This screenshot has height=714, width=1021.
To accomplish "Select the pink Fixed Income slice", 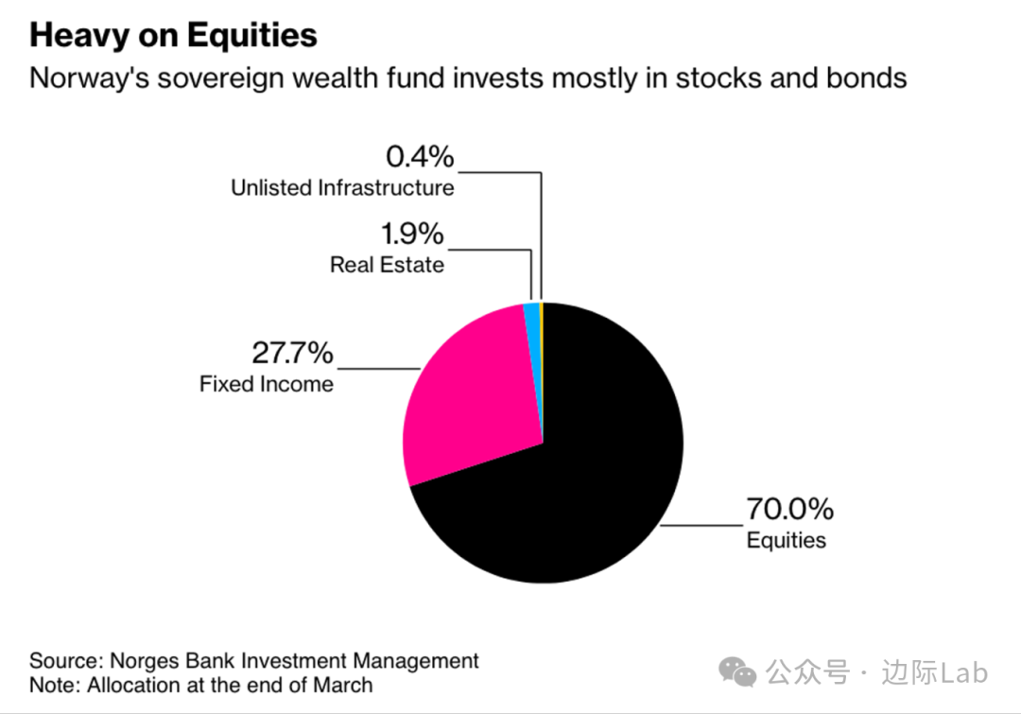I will pos(463,397).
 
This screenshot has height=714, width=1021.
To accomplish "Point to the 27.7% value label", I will pos(292,353).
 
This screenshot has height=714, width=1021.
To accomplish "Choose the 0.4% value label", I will pos(420,157).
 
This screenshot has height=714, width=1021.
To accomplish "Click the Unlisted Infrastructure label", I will pos(342,187).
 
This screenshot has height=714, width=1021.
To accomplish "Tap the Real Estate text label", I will pos(387,264).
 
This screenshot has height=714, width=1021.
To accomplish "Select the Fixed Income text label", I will pos(267,384).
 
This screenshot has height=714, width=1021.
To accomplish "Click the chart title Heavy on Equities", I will pos(173,36).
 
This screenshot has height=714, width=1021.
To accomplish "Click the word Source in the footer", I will pos(62,660).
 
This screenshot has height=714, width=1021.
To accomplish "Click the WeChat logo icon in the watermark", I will pos(737,671).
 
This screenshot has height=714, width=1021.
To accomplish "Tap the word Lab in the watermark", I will pos(965,672).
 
